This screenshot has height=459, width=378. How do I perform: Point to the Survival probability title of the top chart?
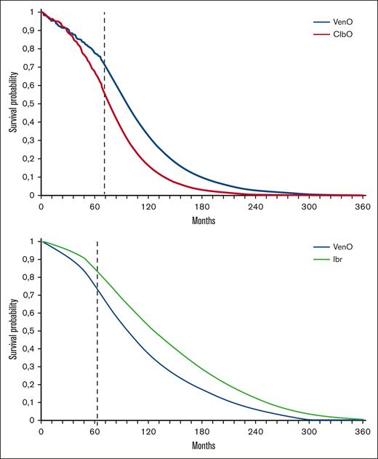click(x=12, y=104)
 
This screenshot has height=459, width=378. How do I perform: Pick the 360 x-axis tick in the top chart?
click(x=363, y=206)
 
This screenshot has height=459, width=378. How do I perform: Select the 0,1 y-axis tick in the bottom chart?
click(x=28, y=402)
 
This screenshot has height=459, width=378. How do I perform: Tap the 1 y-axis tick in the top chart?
click(x=32, y=12)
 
